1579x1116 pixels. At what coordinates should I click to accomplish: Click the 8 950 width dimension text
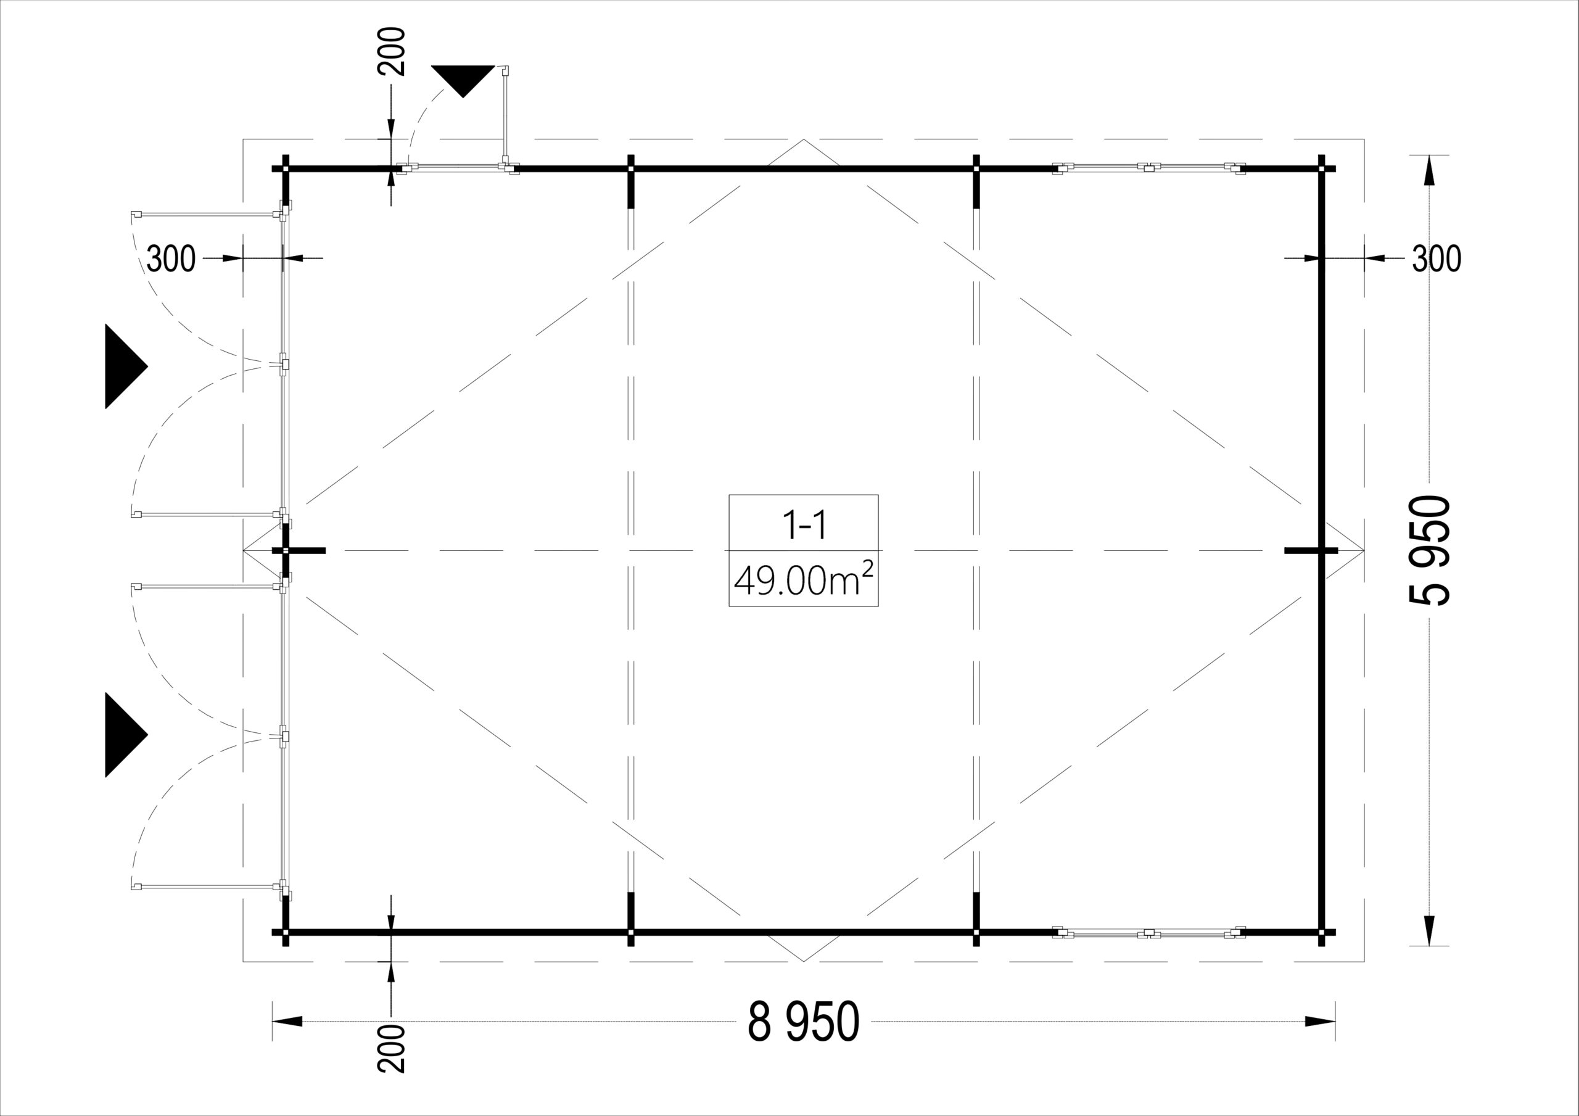tap(803, 1022)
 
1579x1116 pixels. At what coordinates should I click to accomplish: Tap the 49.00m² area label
tap(803, 579)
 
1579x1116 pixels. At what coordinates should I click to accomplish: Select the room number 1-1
tap(803, 525)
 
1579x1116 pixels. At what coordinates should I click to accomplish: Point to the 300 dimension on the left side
tap(171, 258)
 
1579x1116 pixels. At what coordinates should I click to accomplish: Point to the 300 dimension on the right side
tap(1437, 258)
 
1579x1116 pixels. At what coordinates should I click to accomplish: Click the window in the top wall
tap(1150, 167)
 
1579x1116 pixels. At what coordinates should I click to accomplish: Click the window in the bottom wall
tap(1150, 932)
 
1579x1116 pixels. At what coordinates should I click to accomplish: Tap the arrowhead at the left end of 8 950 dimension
tap(287, 1022)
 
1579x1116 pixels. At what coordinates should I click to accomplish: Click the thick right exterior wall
tap(1321, 550)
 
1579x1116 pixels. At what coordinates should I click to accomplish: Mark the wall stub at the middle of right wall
tap(1311, 550)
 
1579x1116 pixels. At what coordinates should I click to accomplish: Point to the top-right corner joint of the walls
tap(1321, 168)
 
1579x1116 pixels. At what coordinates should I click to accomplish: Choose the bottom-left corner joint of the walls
tap(286, 933)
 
